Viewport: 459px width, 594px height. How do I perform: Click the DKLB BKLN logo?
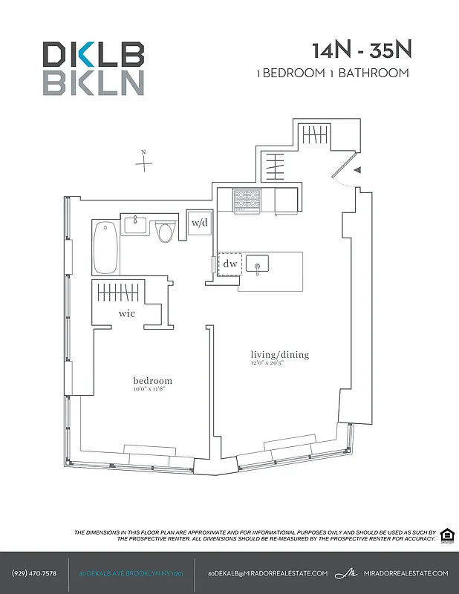point(93,68)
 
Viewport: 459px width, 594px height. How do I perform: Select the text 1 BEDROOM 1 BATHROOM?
point(332,73)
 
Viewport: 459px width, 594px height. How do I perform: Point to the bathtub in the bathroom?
point(105,249)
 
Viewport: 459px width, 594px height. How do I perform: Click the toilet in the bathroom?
point(166,232)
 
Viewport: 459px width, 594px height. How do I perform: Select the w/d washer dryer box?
point(199,223)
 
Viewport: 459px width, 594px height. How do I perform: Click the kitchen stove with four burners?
point(247,200)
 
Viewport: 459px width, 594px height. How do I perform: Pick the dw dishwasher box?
point(229,264)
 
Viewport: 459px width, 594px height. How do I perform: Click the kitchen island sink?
point(258,264)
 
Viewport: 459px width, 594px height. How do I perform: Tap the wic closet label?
point(127,314)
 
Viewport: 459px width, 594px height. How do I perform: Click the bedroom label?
point(153,380)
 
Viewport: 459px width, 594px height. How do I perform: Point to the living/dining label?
point(279,355)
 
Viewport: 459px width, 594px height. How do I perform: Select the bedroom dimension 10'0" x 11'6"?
point(153,389)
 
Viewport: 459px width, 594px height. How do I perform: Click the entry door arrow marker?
point(357,171)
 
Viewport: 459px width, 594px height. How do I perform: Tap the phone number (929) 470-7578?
point(34,573)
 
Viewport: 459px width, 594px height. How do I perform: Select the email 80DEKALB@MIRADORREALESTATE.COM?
point(267,573)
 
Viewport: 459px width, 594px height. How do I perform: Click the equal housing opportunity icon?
point(446,535)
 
